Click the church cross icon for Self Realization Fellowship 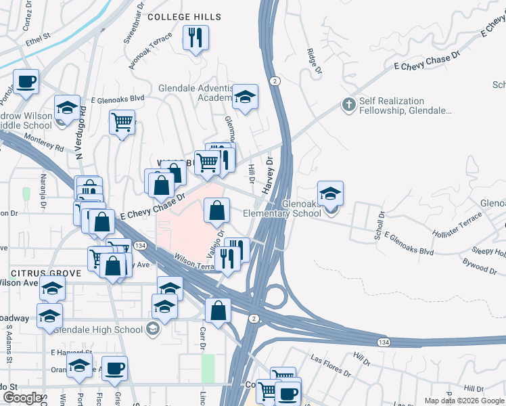coord(348,105)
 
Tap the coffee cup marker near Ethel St coord(26,81)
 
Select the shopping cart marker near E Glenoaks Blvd coord(122,122)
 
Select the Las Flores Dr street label coord(330,365)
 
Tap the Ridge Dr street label coord(313,60)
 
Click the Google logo coord(22,399)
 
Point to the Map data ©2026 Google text coord(463,401)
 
